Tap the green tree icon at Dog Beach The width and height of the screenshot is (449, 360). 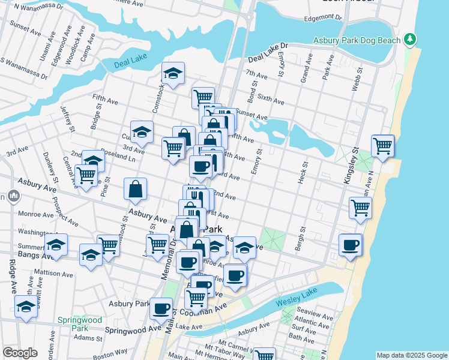click(410, 40)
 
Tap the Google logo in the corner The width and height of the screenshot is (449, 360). click(20, 353)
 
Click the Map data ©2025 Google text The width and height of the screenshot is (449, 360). click(411, 355)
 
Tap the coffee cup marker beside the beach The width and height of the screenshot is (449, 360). click(351, 244)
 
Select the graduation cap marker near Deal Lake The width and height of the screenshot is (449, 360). click(173, 73)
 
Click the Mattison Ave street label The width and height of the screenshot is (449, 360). click(56, 274)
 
